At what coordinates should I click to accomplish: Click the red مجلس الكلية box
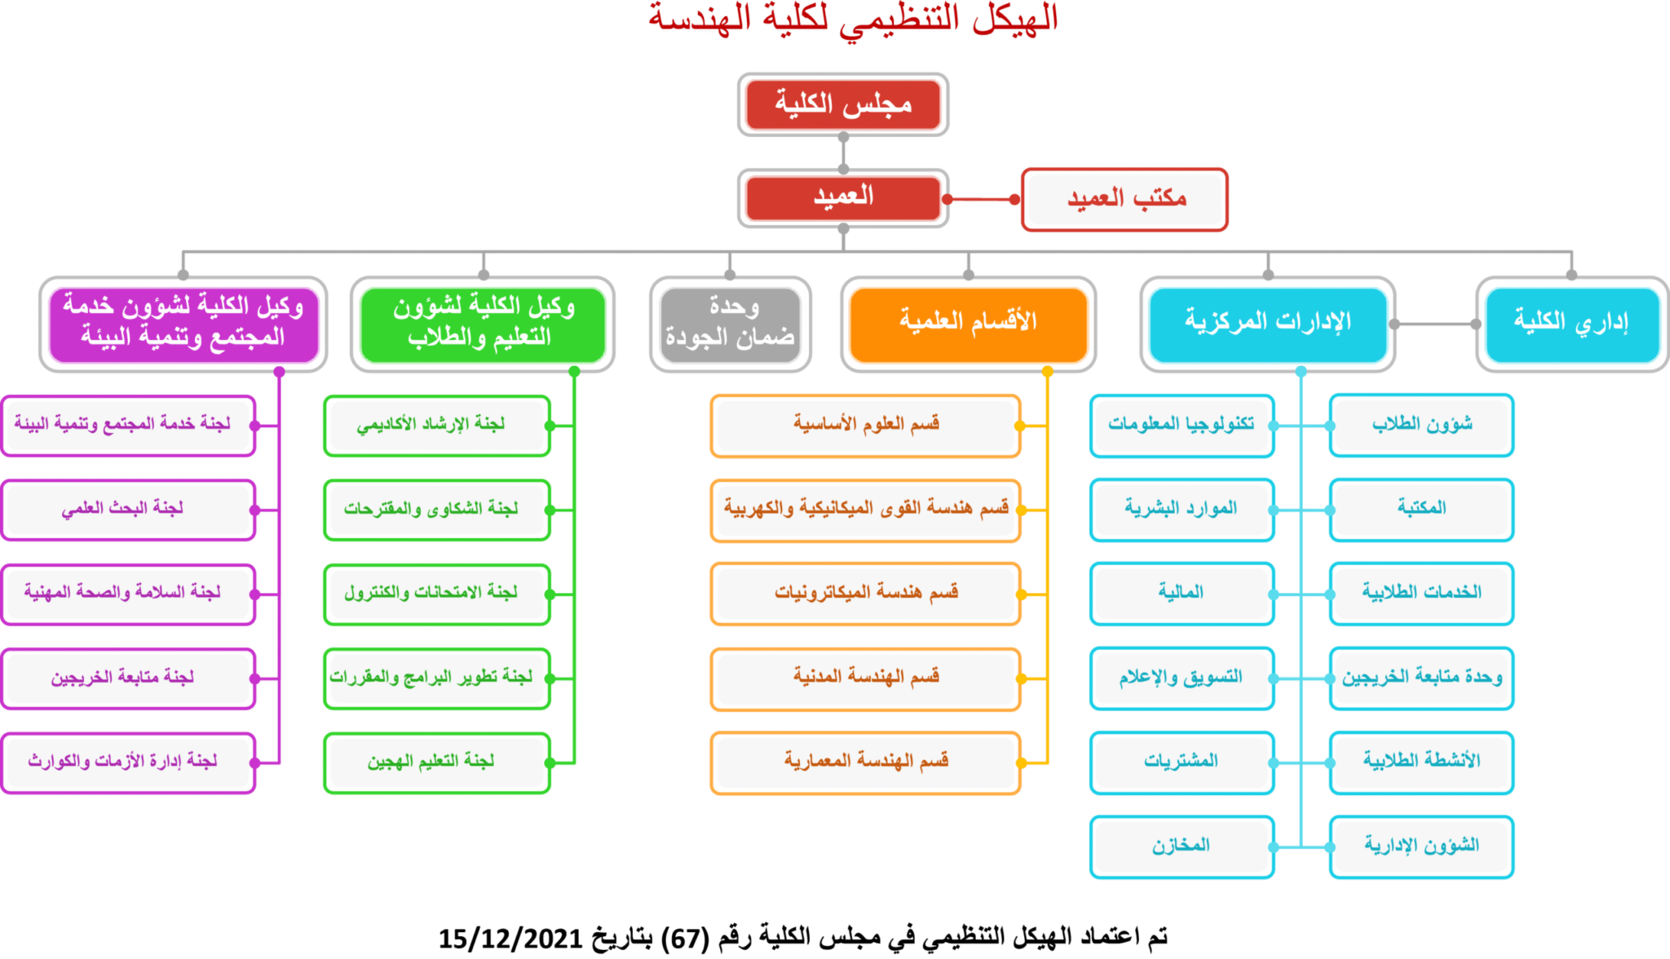(843, 104)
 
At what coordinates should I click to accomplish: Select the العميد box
(843, 197)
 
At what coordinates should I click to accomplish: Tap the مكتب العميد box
(1124, 199)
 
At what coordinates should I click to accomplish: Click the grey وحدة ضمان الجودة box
(731, 324)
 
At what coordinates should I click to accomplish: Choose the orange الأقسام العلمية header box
(968, 324)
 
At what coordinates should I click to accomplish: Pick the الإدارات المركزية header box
(1268, 324)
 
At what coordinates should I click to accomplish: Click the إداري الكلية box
(1572, 324)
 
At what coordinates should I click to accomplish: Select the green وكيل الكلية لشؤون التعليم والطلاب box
(483, 324)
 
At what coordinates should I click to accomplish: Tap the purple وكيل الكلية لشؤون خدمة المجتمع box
(183, 324)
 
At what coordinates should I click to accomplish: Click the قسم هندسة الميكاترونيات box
(865, 594)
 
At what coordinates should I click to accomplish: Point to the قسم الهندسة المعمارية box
(865, 762)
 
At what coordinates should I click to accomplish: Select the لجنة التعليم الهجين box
(437, 762)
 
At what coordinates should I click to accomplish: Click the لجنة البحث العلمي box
(128, 510)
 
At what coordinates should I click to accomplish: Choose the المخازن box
(1182, 846)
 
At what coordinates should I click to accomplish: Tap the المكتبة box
(1421, 510)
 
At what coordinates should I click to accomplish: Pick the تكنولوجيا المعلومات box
(1182, 426)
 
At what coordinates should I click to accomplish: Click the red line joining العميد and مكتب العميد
(981, 199)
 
